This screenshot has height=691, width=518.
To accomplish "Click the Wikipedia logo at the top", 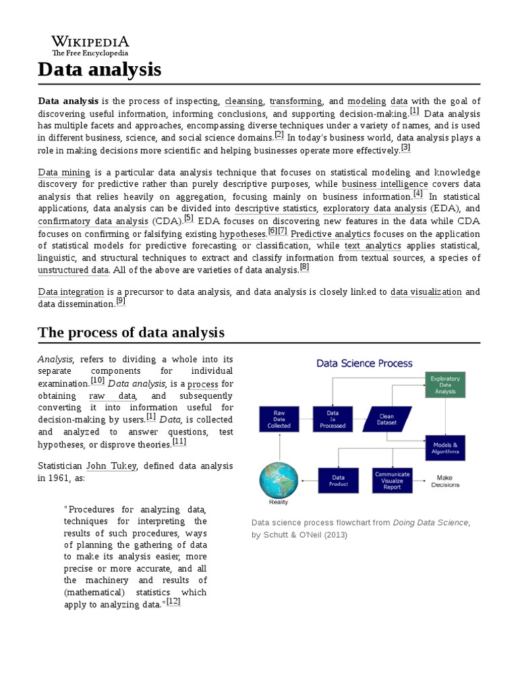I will [x=90, y=45].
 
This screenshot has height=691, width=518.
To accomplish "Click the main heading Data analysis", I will [x=100, y=69].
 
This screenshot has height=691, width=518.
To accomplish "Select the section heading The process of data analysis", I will [x=131, y=332].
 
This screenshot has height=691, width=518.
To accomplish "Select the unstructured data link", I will [x=73, y=270].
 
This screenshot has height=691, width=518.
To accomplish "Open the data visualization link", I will [x=426, y=292].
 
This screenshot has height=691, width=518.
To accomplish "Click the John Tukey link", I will [x=111, y=466].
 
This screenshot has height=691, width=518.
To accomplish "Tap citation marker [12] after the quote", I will [x=173, y=601].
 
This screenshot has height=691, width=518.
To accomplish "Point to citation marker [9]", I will [x=121, y=302].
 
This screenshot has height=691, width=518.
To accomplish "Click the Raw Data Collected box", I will [x=279, y=418].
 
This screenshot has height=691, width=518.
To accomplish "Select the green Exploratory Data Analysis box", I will [x=444, y=385].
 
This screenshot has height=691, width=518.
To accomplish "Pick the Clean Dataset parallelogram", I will [x=386, y=418].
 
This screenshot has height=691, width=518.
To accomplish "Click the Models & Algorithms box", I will [x=445, y=448].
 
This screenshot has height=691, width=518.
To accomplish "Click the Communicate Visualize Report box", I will [x=392, y=480].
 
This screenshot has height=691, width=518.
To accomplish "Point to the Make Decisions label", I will [x=446, y=480].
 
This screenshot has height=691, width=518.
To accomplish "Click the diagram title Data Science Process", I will [x=364, y=363].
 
